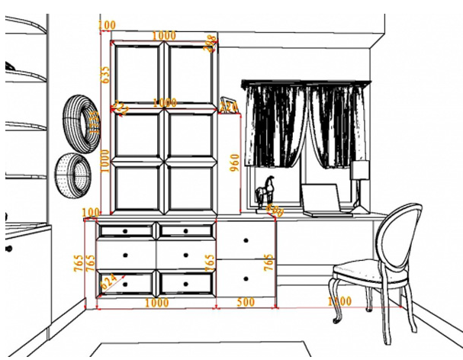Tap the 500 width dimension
click(246, 302)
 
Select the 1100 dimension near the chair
click(339, 302)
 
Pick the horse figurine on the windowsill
click(265, 191)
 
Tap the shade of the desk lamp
click(359, 170)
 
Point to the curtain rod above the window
click(305, 82)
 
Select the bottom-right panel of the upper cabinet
click(191, 186)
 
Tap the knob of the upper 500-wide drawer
click(246, 240)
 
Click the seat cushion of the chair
click(359, 270)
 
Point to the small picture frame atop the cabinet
click(227, 104)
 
